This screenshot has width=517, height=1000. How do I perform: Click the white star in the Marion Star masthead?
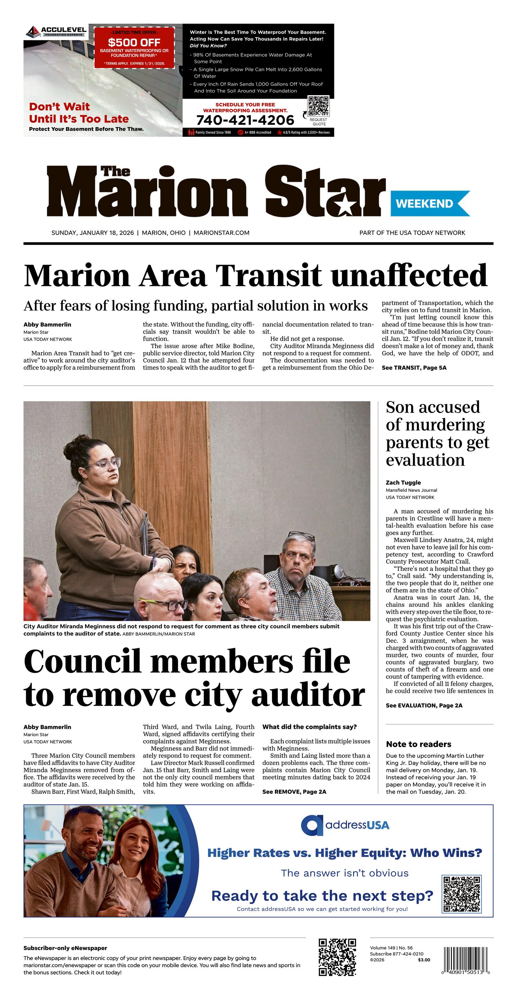coord(343,205)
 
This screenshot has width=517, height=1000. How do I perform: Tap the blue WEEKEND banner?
coord(430,203)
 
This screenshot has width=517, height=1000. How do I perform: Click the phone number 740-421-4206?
coord(245,120)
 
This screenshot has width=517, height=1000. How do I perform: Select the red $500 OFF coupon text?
coord(134,42)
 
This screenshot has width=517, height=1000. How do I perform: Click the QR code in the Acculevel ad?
coord(318,106)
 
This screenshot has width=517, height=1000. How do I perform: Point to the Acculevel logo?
coord(55,31)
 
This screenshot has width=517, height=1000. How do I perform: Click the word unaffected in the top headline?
coord(409,275)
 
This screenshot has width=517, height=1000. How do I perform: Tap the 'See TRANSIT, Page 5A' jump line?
coord(414,368)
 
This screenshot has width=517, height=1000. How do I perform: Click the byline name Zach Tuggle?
coord(403,482)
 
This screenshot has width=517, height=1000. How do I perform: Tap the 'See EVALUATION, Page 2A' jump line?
coord(424,705)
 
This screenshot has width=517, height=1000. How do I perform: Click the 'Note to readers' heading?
coord(418,744)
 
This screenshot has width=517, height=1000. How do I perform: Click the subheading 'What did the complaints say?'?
coord(309,727)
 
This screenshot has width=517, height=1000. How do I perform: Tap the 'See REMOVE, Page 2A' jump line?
coord(294,792)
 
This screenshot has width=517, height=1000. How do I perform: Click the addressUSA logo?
coord(345,825)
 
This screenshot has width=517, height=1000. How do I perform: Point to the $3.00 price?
coord(424,960)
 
